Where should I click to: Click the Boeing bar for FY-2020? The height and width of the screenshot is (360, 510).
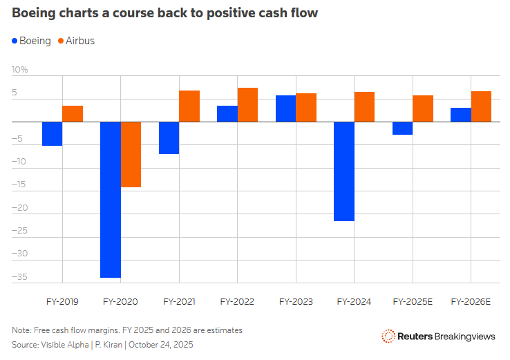pos(111,200)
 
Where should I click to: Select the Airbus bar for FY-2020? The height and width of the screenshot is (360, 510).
pos(131,155)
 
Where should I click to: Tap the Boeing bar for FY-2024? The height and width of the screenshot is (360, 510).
pos(344,171)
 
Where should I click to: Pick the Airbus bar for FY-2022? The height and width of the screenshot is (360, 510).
pos(247,105)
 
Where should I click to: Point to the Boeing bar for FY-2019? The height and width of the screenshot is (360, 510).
pos(53,134)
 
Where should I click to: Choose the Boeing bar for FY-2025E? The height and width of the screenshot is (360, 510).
pos(402,129)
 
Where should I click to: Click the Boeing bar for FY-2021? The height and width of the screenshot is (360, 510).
pos(169,138)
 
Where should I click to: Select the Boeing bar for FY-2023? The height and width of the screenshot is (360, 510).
pos(285,108)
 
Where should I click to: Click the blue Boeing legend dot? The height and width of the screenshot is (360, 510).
pos(15,41)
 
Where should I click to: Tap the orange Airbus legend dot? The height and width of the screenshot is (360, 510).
pos(61,41)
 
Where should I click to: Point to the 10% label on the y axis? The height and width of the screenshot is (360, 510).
pos(19,70)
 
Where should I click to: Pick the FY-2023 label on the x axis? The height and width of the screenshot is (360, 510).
pos(296,302)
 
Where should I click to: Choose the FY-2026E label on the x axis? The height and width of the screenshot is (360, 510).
pos(471,302)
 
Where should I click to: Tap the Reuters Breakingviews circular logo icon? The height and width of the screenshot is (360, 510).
pos(388,337)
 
